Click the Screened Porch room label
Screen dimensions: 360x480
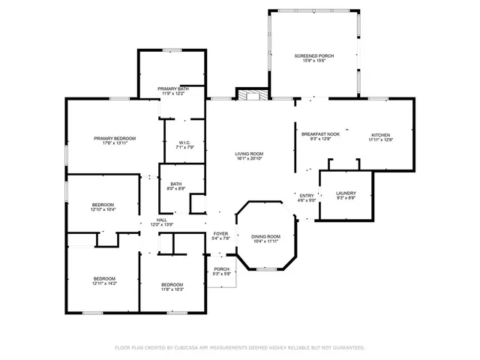(x=314, y=56)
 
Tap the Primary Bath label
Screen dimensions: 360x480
(x=172, y=89)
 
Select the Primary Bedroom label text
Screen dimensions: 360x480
(x=115, y=138)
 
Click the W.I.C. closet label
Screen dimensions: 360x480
(x=185, y=142)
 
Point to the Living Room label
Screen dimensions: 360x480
(x=250, y=153)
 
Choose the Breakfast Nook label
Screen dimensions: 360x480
(x=320, y=134)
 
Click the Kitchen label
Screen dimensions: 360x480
(x=380, y=135)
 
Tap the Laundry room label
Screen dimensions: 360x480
(x=346, y=193)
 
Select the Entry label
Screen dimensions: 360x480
(x=307, y=195)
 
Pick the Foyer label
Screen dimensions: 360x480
(x=220, y=233)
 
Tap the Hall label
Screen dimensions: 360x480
(x=161, y=220)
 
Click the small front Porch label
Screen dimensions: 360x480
(x=221, y=269)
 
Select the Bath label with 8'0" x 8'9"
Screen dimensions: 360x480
(x=175, y=184)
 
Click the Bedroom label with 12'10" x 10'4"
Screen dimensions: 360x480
(x=103, y=205)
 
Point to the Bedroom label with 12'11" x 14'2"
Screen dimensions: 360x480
(x=104, y=278)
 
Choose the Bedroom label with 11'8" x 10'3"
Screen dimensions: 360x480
(x=172, y=284)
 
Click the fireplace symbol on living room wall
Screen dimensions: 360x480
(x=253, y=95)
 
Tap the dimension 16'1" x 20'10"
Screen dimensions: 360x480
(x=250, y=158)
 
